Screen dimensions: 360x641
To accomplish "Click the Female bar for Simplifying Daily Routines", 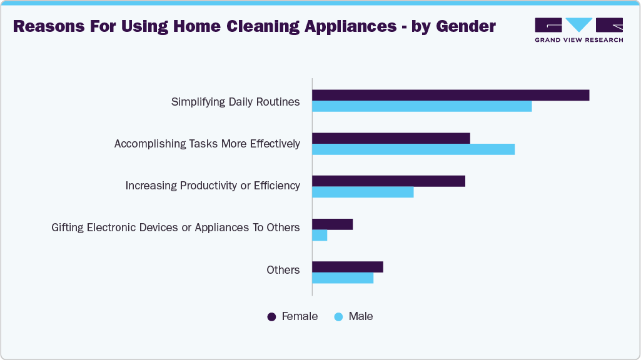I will [x=450, y=95].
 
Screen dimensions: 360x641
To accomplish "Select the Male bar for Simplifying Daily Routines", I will [x=421, y=106].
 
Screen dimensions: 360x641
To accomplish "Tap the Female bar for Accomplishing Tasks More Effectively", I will [x=391, y=138].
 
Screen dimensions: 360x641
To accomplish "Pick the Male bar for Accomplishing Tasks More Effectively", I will [x=413, y=149].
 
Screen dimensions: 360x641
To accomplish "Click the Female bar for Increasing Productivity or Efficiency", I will [x=388, y=181].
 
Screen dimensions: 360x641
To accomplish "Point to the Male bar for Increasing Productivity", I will [x=363, y=192].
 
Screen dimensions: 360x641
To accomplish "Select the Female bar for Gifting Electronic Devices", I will [x=332, y=224].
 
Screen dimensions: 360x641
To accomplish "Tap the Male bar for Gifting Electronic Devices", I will [x=320, y=235].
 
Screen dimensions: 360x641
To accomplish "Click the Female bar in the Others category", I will [x=347, y=267].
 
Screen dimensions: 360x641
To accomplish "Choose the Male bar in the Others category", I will [x=343, y=278].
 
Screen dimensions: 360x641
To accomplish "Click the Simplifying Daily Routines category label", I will [x=235, y=101].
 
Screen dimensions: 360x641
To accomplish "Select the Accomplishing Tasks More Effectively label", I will [x=207, y=144].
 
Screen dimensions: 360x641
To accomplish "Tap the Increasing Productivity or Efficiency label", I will [x=213, y=186].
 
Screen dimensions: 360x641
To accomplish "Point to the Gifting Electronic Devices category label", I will [x=176, y=227].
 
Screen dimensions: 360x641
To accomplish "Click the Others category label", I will [x=283, y=270].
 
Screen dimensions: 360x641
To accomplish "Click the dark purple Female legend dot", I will [x=272, y=317].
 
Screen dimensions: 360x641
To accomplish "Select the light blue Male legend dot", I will [x=339, y=317].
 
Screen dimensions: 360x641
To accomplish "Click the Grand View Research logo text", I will [x=578, y=39].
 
